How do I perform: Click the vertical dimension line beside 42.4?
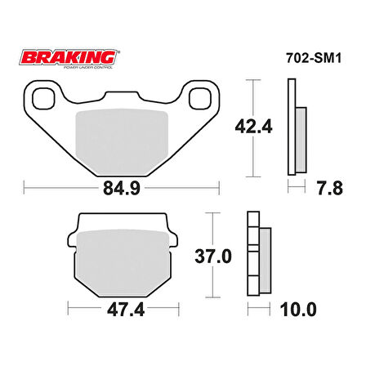(252, 127)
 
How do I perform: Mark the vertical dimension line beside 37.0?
(214, 257)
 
